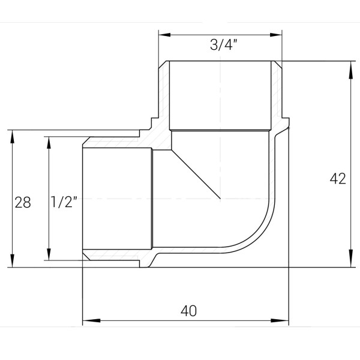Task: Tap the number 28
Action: [x=23, y=202]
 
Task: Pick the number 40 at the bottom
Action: [x=188, y=311]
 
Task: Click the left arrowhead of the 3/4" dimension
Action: [x=163, y=34]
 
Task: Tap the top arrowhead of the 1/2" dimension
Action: [x=46, y=140]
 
